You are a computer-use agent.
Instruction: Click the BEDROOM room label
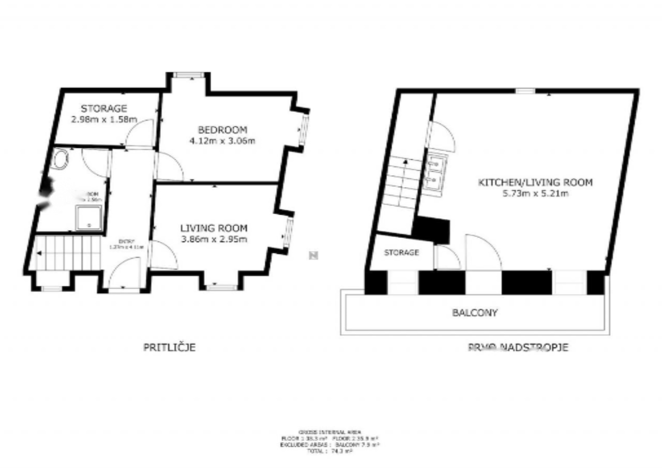[223, 130]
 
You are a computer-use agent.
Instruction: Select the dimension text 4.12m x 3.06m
[223, 140]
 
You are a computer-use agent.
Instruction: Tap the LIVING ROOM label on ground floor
[214, 228]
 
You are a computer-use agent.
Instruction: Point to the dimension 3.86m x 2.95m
[214, 238]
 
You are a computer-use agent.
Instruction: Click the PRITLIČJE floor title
[169, 348]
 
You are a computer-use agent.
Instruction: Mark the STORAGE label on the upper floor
[401, 253]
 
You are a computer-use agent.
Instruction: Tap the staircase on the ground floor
[69, 253]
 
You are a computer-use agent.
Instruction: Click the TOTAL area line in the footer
[330, 451]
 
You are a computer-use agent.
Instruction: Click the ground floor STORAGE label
[104, 109]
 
